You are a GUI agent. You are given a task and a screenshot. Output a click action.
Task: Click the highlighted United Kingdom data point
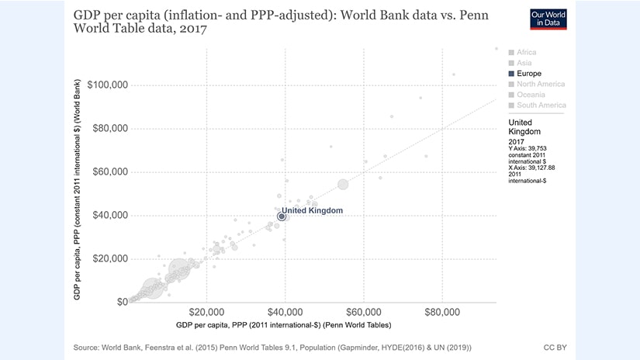pos(282,216)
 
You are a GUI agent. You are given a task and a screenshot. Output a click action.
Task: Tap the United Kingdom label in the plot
pos(311,210)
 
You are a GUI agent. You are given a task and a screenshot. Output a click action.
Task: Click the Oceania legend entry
pos(531,95)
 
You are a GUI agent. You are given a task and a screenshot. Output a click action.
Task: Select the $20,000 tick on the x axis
pos(206,312)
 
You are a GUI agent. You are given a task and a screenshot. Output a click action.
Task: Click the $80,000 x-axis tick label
pos(442,312)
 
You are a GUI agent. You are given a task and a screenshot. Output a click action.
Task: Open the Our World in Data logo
pos(548,19)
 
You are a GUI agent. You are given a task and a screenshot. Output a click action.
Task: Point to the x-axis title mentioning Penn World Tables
pos(283,324)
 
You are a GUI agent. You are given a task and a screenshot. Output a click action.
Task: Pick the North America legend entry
pos(541,84)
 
